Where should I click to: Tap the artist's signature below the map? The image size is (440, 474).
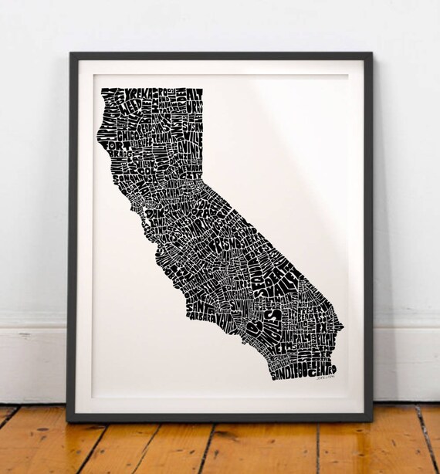pos(327,381)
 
